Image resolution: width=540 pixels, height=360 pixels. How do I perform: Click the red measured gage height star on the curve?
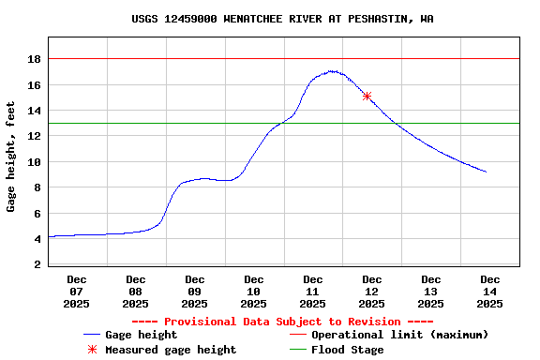click(367, 96)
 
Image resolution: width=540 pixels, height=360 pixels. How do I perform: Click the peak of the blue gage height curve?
click(332, 71)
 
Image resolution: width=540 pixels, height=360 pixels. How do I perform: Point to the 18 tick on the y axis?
click(35, 59)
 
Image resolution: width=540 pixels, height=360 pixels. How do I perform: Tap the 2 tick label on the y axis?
click(37, 264)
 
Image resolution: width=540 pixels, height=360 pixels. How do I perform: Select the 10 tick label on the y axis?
click(35, 162)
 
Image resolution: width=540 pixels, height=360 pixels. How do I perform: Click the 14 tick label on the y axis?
click(35, 111)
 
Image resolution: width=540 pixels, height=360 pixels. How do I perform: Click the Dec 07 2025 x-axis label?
click(77, 291)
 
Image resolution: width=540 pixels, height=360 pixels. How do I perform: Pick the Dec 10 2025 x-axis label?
click(254, 291)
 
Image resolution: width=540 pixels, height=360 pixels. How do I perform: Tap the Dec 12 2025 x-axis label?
click(372, 291)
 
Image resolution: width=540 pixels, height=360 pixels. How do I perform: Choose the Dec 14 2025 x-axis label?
click(489, 291)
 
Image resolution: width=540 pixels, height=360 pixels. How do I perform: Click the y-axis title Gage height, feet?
click(11, 157)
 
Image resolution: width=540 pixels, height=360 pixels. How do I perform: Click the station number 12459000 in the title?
click(190, 19)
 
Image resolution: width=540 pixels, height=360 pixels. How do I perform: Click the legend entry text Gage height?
click(141, 335)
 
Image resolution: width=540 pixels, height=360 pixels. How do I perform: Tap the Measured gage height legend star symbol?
click(92, 350)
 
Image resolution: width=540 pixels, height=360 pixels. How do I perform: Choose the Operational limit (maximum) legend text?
click(399, 335)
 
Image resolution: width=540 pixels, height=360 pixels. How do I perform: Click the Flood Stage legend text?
click(347, 350)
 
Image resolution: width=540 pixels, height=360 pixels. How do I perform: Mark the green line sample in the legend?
click(298, 350)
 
